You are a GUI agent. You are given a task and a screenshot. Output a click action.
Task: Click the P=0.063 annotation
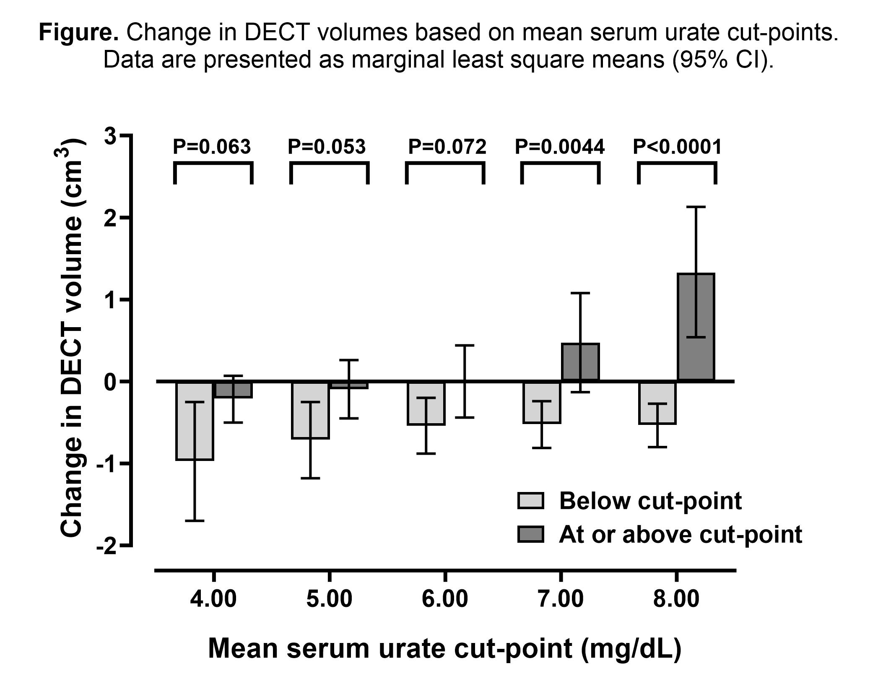pyautogui.click(x=212, y=147)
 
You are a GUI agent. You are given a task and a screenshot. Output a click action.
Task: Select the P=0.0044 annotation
pyautogui.click(x=559, y=147)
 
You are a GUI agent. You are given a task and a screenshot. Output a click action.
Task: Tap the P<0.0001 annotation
pyautogui.click(x=677, y=147)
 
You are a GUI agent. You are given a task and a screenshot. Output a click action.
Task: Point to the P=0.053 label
pyautogui.click(x=326, y=147)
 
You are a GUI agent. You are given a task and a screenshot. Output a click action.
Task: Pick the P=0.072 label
pyautogui.click(x=447, y=147)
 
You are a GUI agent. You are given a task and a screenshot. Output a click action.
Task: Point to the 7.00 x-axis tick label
pyautogui.click(x=560, y=599)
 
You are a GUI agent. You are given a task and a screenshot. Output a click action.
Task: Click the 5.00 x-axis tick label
pyautogui.click(x=329, y=599)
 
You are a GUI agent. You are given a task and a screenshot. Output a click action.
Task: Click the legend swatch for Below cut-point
pyautogui.click(x=530, y=501)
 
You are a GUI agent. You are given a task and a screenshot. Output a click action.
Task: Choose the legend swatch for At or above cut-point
pyautogui.click(x=530, y=535)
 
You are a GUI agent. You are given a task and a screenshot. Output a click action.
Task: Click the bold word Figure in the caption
pyautogui.click(x=78, y=32)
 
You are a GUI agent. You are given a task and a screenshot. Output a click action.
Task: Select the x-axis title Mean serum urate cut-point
pyautogui.click(x=444, y=648)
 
